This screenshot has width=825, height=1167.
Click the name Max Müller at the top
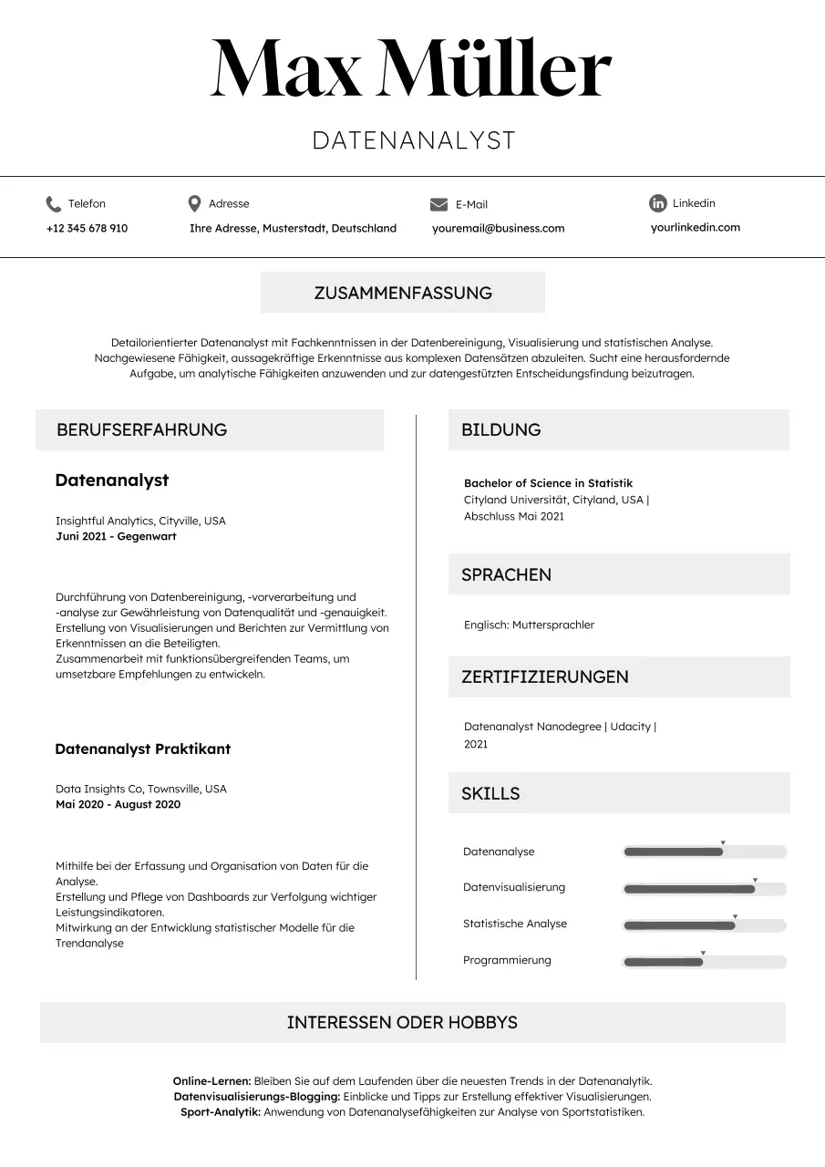(411, 69)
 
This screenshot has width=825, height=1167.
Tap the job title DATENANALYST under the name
(414, 140)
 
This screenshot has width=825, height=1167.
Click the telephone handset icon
(53, 203)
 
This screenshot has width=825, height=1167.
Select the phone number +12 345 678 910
(87, 228)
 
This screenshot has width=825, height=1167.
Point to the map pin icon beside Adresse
(194, 203)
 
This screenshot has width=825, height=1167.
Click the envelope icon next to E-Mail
(438, 204)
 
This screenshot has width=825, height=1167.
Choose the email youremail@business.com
(498, 228)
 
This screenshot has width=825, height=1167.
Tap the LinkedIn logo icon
(657, 203)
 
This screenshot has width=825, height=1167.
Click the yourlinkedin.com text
(695, 227)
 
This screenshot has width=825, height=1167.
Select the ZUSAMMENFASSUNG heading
(403, 293)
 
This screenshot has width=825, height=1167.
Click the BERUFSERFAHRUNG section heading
(141, 429)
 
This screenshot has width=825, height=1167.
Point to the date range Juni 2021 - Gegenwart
(116, 536)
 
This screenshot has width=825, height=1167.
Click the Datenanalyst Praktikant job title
(142, 749)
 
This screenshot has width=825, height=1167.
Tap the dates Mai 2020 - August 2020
(118, 804)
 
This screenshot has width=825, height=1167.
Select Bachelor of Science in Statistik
(548, 483)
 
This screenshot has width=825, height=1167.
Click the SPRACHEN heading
(506, 574)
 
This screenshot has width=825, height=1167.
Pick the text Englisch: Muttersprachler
(529, 625)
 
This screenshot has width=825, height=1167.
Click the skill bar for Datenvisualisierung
(704, 889)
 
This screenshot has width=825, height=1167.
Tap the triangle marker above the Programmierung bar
(703, 953)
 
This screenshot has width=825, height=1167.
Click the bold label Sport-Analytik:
(220, 1111)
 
